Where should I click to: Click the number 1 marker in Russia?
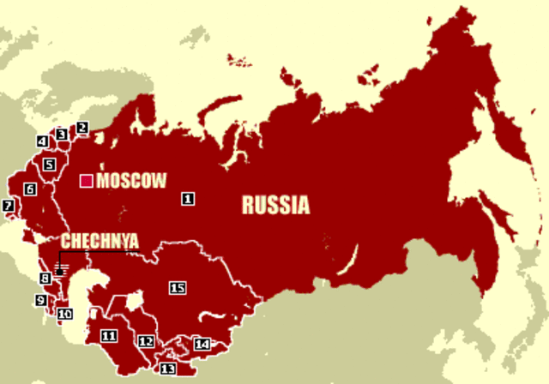point(188,199)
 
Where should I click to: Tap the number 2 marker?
point(82,129)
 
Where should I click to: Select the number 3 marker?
point(61,135)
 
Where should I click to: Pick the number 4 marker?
point(42,141)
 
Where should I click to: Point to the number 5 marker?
point(49,164)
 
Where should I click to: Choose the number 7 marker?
point(9,206)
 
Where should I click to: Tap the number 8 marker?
point(45,279)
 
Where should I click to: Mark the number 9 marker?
point(40,300)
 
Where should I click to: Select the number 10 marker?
point(65,315)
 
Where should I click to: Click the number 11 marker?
point(108,335)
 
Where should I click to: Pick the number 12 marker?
point(147,342)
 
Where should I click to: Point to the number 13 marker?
point(167,369)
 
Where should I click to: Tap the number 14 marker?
point(202,344)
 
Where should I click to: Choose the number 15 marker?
point(178,288)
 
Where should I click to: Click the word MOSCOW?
point(131,181)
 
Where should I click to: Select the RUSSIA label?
point(275,206)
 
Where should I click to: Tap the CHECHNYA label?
point(99,241)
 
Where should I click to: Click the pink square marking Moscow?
point(86,181)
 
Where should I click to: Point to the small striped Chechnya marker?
point(60,271)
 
